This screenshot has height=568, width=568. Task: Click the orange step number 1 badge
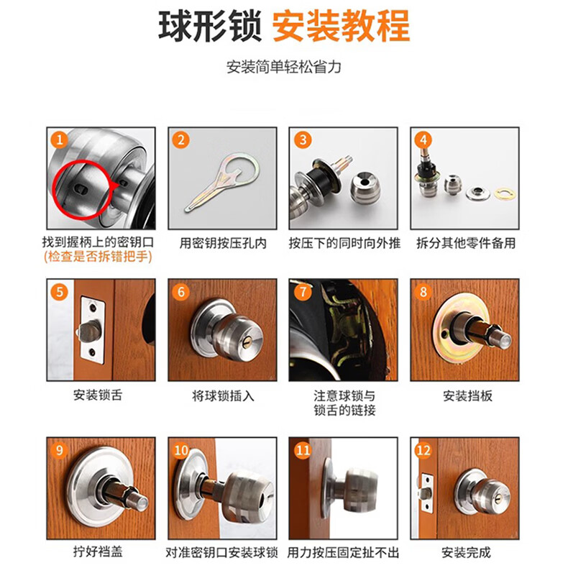click(x=60, y=140)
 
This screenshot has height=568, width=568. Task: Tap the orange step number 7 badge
click(x=303, y=292)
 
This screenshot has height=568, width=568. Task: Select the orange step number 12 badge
click(x=423, y=450)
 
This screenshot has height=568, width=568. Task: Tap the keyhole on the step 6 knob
click(x=247, y=342)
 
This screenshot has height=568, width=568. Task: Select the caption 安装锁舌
click(x=98, y=395)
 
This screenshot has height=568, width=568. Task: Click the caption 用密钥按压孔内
click(x=223, y=243)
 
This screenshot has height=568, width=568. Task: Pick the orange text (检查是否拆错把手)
click(x=98, y=257)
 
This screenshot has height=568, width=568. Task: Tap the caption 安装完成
click(x=466, y=552)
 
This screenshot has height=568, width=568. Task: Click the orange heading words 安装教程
click(x=341, y=27)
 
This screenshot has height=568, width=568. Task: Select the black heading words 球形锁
click(x=210, y=27)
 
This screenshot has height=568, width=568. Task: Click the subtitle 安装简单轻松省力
click(x=283, y=67)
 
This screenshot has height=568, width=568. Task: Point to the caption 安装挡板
click(x=467, y=395)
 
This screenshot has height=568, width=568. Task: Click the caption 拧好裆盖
click(x=98, y=551)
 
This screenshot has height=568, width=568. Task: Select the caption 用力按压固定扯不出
click(x=343, y=553)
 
